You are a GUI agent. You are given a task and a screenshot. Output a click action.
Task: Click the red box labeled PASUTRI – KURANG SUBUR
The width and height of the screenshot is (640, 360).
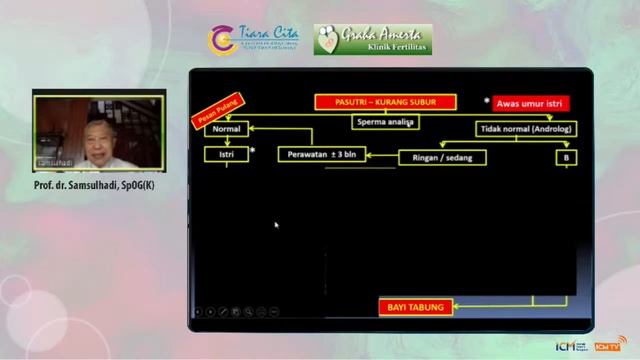click(385, 102)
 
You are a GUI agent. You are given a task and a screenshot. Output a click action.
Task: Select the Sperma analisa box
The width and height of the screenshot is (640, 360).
click(385, 122)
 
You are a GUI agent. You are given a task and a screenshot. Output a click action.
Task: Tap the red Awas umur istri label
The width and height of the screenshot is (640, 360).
click(531, 102)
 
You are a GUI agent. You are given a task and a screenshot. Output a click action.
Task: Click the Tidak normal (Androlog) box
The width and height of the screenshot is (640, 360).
click(520, 129)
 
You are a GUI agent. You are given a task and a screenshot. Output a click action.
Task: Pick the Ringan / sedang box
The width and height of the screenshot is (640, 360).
click(442, 157)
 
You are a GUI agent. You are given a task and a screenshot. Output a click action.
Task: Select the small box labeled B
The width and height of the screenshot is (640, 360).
click(565, 157)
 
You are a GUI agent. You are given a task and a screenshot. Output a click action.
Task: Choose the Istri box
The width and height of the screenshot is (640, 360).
click(226, 155)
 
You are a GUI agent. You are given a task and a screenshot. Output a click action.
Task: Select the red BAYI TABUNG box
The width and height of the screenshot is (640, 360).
click(415, 306)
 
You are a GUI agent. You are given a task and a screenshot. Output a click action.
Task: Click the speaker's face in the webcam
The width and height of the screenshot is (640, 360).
click(97, 137)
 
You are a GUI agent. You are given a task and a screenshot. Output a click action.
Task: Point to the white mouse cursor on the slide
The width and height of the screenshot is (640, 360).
click(276, 225)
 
